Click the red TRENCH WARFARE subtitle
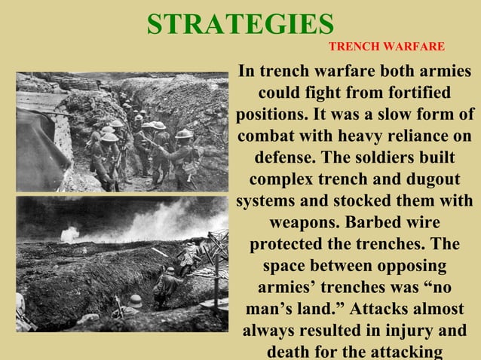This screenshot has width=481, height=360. click(x=387, y=47)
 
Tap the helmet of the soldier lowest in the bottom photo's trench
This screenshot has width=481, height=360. click(x=135, y=300)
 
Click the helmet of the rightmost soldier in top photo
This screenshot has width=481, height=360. click(x=183, y=133)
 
